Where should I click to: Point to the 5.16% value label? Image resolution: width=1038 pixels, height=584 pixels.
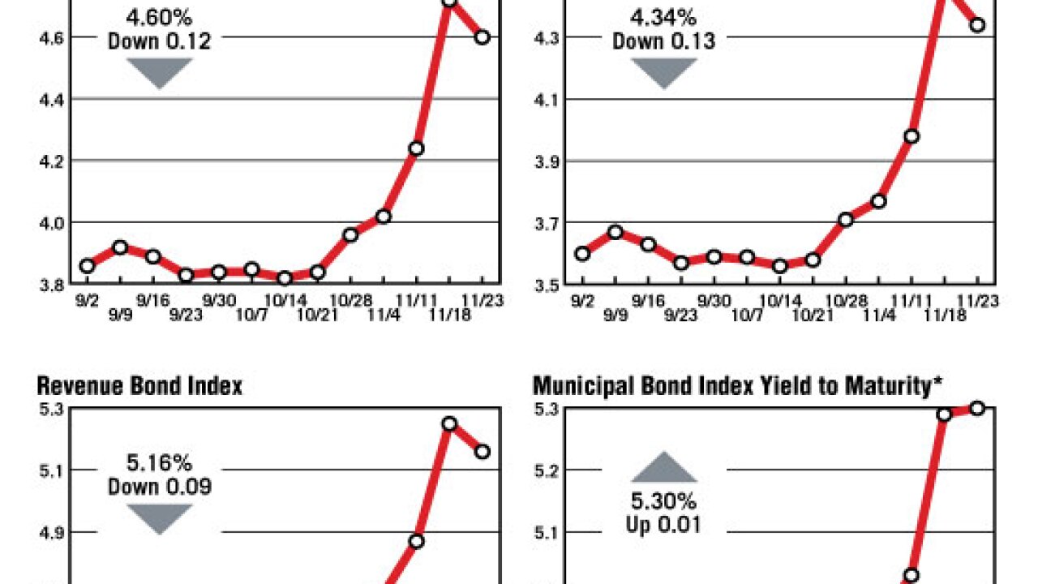pyautogui.click(x=159, y=464)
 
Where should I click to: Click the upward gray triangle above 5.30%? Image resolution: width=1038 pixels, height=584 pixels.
pyautogui.click(x=663, y=468)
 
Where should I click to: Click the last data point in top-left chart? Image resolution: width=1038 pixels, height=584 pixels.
pyautogui.click(x=482, y=36)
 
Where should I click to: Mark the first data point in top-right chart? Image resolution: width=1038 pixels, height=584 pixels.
pyautogui.click(x=581, y=253)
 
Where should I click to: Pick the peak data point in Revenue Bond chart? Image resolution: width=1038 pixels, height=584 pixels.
pyautogui.click(x=448, y=423)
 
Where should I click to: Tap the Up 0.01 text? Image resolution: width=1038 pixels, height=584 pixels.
pyautogui.click(x=663, y=525)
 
